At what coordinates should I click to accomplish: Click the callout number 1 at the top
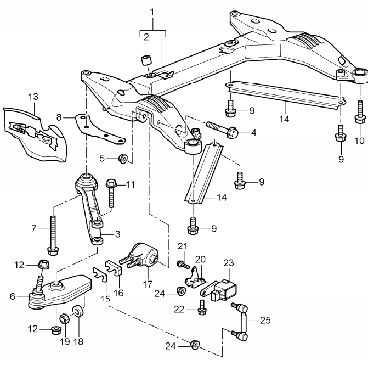click(152, 12)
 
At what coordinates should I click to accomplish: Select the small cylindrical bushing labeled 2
click(146, 60)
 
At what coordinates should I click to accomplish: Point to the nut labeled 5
click(123, 159)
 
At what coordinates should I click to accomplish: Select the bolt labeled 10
click(360, 112)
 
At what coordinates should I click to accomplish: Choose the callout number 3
click(117, 234)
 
